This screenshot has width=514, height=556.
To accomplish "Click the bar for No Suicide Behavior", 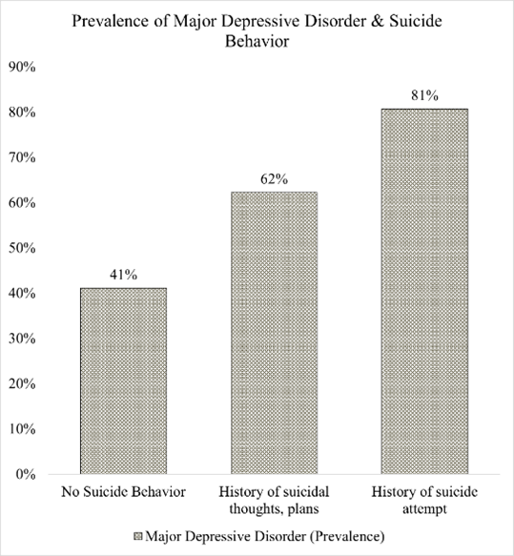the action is pyautogui.click(x=123, y=381).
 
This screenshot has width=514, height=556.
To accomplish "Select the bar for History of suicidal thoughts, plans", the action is pyautogui.click(x=274, y=333).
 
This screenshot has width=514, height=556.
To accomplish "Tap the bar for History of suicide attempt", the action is pyautogui.click(x=424, y=291).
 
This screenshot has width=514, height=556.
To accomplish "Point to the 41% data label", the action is pyautogui.click(x=123, y=275).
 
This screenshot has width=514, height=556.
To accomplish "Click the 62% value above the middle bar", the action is pyautogui.click(x=274, y=179).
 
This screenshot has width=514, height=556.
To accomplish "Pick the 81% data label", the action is pyautogui.click(x=424, y=95).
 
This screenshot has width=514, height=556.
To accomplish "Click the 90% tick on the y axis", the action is pyautogui.click(x=22, y=67).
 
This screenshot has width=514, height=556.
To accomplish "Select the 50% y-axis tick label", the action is pyautogui.click(x=22, y=248).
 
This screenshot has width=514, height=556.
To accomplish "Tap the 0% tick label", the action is pyautogui.click(x=26, y=474).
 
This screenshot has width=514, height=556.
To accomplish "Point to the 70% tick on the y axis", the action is pyautogui.click(x=22, y=157).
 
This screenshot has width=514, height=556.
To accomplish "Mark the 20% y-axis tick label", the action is pyautogui.click(x=22, y=384).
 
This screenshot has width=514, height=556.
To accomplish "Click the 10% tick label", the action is pyautogui.click(x=22, y=429).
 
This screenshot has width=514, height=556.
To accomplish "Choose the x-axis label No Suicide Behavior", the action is pyautogui.click(x=123, y=492).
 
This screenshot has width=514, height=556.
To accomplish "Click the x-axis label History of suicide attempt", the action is pyautogui.click(x=424, y=501).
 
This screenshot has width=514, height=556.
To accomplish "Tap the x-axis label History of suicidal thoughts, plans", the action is pyautogui.click(x=274, y=501).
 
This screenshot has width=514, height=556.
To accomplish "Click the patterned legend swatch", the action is pyautogui.click(x=138, y=536).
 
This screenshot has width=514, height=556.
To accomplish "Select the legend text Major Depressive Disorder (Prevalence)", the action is pyautogui.click(x=265, y=536).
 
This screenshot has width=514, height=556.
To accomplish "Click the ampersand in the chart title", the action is pyautogui.click(x=378, y=21).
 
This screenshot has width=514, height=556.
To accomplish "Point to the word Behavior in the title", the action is pyautogui.click(x=257, y=41).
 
